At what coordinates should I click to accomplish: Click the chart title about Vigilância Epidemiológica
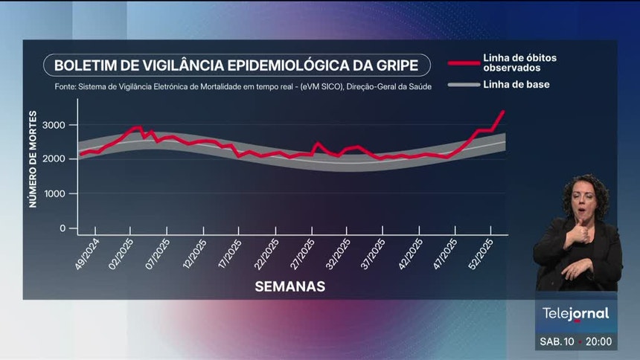point(237,65)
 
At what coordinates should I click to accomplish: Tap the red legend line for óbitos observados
point(462,63)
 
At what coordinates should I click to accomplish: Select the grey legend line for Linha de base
point(462,85)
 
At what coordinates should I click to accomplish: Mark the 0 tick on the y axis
point(63,228)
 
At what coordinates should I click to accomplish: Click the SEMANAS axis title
point(289,286)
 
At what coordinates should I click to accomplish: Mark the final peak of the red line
point(503,112)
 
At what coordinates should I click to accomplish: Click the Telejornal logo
point(575,314)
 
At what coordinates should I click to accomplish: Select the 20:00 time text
point(598,341)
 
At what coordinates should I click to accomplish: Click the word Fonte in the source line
point(66,86)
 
